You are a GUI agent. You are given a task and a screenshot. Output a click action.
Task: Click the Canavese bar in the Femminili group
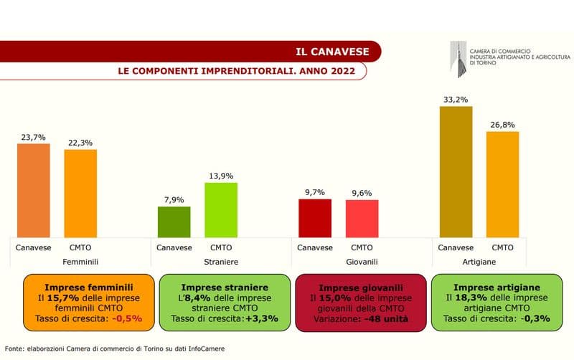(x=34, y=189)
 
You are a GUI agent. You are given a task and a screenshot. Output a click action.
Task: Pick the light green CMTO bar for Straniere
(x=221, y=209)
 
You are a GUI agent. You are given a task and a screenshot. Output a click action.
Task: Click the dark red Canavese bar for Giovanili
(x=315, y=217)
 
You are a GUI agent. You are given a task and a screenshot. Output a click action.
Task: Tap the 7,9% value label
(x=174, y=200)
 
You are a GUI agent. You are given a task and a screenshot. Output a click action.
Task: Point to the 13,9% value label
(x=221, y=176)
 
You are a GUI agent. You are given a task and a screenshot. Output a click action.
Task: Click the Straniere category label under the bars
(x=221, y=262)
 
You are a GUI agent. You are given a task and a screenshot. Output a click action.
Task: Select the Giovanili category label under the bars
(x=362, y=262)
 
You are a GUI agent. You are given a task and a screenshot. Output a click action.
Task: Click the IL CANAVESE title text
(x=333, y=52)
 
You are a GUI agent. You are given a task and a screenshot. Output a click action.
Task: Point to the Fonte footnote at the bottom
(x=115, y=348)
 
